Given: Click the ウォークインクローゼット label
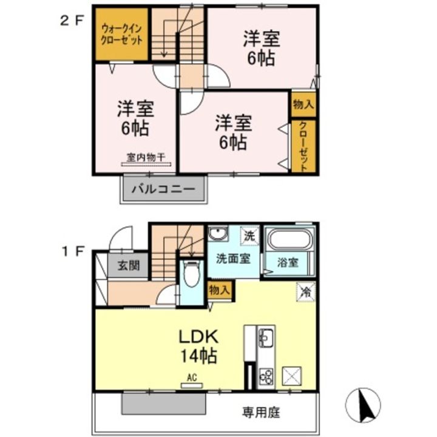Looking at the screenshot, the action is [122, 35].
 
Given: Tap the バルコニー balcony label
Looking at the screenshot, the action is [164, 189].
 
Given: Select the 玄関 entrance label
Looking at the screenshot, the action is [129, 266].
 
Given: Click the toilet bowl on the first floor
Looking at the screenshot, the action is [191, 274].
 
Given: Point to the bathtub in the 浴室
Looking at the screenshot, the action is [290, 239].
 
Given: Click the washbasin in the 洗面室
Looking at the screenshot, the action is [218, 233].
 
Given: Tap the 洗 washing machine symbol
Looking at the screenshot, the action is [249, 235].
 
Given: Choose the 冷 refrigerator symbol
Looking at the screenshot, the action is [306, 292].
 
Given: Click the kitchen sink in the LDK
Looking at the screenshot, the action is [266, 338].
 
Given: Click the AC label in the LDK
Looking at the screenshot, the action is [192, 378].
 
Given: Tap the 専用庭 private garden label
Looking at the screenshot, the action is [261, 413].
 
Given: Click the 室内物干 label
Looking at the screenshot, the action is [146, 158].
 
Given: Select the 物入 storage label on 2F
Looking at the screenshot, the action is [303, 105].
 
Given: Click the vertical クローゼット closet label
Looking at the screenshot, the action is [303, 146].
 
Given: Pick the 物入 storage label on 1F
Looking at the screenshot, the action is [220, 290].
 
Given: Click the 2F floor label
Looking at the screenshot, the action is [72, 21].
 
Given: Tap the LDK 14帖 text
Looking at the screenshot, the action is [198, 347].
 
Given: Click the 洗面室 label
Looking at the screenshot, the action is [234, 259].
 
